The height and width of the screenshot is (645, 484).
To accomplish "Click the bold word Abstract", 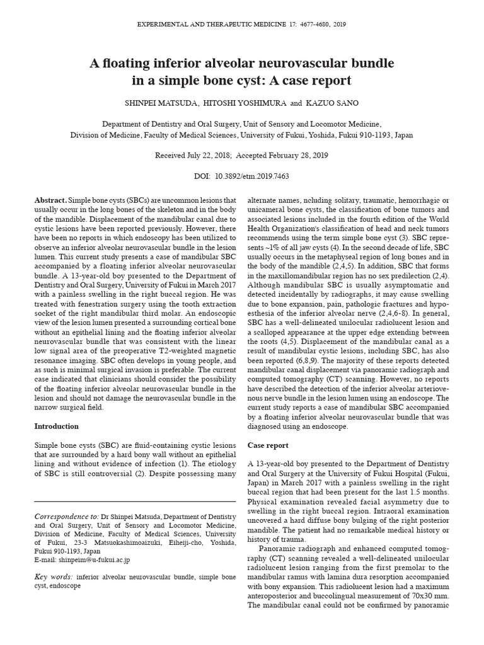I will click(49, 199).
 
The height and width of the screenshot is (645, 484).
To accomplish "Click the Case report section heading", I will click(268, 445).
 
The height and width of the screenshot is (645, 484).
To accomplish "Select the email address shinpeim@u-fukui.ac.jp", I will click(95, 559).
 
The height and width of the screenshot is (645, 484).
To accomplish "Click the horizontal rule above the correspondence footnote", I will click(135, 501).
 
